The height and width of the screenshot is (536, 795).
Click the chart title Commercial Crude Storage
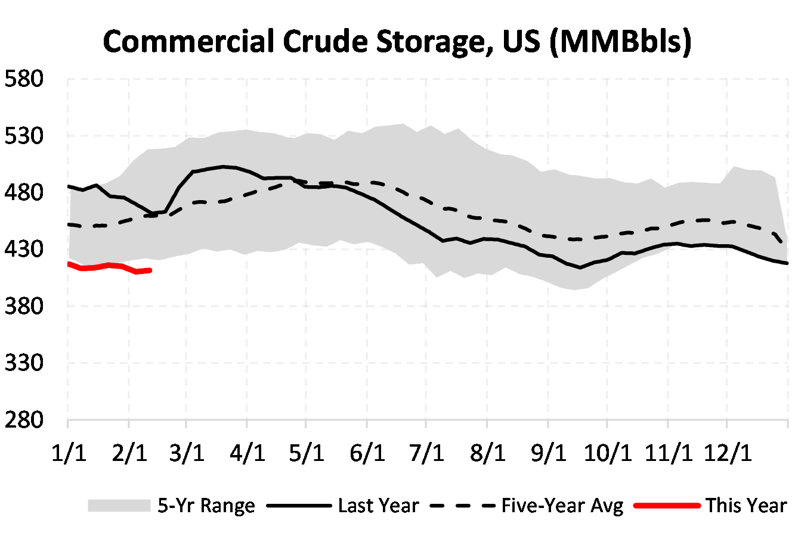point(397,42)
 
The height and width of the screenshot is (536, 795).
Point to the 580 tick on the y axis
point(24,79)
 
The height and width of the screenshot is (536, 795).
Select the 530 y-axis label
point(24,136)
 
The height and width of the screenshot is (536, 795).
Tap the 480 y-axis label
point(24,192)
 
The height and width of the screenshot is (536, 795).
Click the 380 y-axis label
point(24,306)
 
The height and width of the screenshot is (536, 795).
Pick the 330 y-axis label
point(24,363)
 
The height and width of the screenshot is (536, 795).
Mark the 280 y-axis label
point(24,420)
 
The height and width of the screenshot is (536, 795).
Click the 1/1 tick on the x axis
point(69,453)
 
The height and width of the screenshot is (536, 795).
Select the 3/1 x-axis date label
point(187,453)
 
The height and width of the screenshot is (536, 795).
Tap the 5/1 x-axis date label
point(307,453)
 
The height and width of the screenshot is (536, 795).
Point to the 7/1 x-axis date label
point(426,453)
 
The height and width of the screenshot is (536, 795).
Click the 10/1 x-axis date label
point(607,453)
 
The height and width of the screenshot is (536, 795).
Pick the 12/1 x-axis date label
point(728,453)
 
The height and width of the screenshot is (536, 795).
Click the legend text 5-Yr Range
point(206,506)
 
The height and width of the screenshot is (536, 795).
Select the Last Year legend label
point(379,506)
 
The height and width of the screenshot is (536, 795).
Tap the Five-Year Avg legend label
point(562,506)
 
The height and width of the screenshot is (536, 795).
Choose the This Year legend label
point(746,506)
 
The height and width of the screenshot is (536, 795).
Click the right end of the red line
point(150,270)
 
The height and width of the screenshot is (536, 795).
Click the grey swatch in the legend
point(119,506)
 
